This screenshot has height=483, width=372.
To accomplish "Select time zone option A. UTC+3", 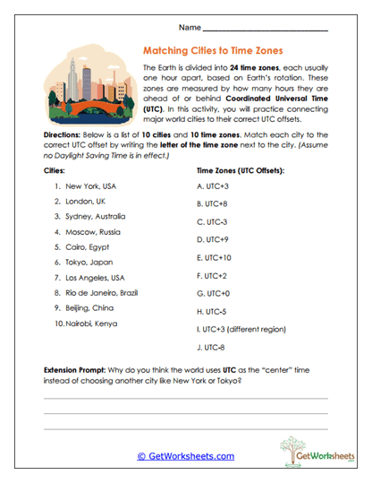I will click(212, 185).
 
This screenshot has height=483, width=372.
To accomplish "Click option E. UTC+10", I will click(214, 257).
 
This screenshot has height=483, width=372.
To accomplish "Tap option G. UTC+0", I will click(212, 293).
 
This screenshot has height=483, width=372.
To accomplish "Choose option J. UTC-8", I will click(211, 348).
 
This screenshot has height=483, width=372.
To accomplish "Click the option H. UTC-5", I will click(211, 312).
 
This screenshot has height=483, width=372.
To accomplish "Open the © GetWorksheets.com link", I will click(185, 455).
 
